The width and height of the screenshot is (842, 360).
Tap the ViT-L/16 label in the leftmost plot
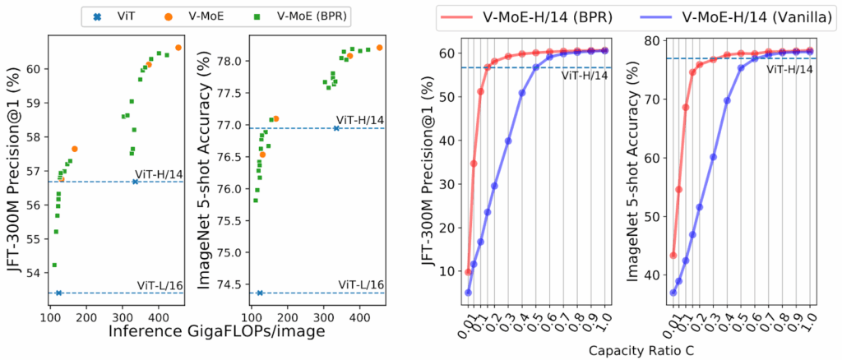click(x=159, y=284)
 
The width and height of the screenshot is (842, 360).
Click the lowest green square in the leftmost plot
click(x=54, y=265)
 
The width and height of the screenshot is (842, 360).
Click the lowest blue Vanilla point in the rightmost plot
click(x=673, y=293)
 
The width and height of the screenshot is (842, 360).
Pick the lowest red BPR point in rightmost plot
click(x=673, y=256)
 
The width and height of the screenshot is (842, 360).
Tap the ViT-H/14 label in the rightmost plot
click(x=790, y=70)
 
